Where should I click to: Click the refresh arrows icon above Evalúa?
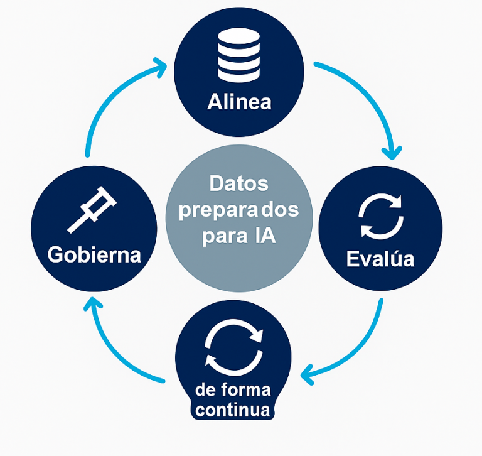(x=380, y=216)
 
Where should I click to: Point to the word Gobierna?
(x=94, y=255)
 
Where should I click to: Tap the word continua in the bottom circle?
(x=233, y=411)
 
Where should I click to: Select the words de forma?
(x=233, y=390)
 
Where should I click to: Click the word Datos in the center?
(x=238, y=183)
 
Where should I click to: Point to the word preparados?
(x=238, y=210)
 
